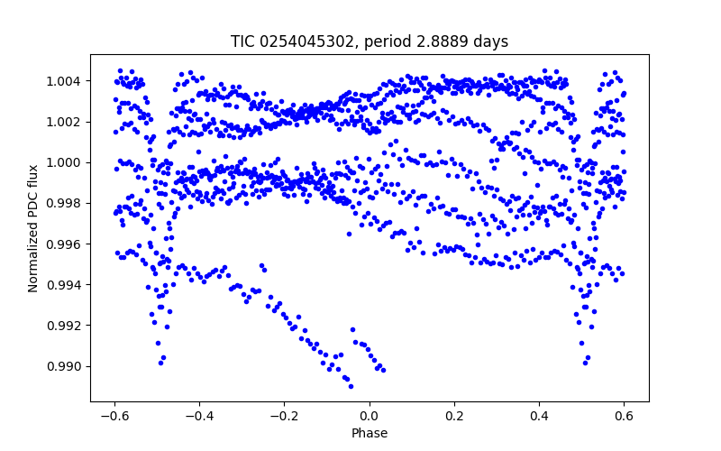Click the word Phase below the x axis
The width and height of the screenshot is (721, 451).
point(370,433)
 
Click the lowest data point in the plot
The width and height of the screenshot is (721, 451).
point(351,386)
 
